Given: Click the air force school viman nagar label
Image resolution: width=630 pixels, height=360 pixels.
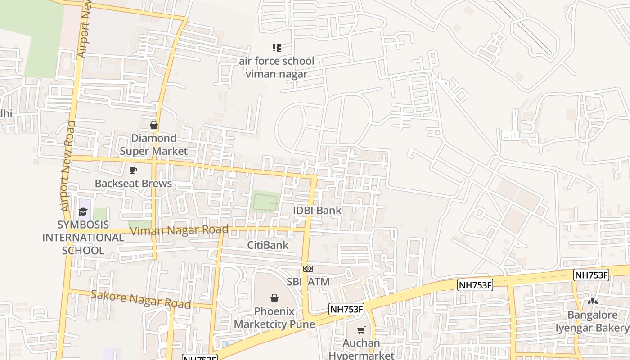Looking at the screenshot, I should pyautogui.click(x=276, y=67).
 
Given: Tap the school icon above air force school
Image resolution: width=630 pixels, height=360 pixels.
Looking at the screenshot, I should pyautogui.click(x=277, y=47).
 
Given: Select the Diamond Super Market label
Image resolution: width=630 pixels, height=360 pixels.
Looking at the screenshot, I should pyautogui.click(x=153, y=144).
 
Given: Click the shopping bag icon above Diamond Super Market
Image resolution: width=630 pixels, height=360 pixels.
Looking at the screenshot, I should pyautogui.click(x=154, y=125).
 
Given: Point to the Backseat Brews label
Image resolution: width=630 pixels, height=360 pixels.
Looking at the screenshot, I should pyautogui.click(x=133, y=184).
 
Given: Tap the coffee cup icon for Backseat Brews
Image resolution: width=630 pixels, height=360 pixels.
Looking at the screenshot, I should pyautogui.click(x=133, y=170).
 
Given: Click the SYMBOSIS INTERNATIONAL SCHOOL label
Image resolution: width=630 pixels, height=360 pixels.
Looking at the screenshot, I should pyautogui.click(x=83, y=238).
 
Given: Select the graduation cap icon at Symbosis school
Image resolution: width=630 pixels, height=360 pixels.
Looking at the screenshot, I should pyautogui.click(x=83, y=211).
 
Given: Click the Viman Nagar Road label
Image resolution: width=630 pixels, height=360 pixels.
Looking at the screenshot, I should pyautogui.click(x=179, y=230).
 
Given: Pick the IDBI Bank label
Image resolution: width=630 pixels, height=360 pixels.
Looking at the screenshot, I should pyautogui.click(x=317, y=211).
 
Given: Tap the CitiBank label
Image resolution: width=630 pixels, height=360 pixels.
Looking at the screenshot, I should pyautogui.click(x=268, y=245).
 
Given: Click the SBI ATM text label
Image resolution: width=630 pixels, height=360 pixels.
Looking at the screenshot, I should pyautogui.click(x=308, y=282).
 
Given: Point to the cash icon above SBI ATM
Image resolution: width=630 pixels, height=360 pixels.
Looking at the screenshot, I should pyautogui.click(x=308, y=269).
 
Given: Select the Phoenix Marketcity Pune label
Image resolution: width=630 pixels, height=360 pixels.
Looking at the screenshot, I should pyautogui.click(x=274, y=318).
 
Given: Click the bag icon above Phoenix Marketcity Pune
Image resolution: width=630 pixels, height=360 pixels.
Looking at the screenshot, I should pyautogui.click(x=274, y=298).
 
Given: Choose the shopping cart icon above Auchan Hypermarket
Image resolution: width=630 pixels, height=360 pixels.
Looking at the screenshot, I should pyautogui.click(x=361, y=330).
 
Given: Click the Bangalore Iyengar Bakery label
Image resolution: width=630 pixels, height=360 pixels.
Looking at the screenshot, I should pyautogui.click(x=592, y=321).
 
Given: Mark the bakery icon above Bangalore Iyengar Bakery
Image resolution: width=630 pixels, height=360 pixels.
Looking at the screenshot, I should pyautogui.click(x=592, y=301).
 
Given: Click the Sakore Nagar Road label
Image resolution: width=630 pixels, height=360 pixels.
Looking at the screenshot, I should pyautogui.click(x=141, y=299).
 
